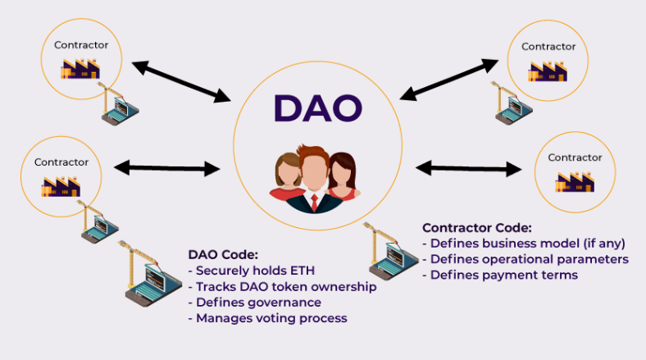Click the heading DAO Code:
click(223, 254)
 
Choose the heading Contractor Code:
click(477, 227)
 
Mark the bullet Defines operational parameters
click(525, 259)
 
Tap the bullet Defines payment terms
click(500, 275)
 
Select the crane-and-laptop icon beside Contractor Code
click(384, 251)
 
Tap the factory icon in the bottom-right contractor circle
click(575, 180)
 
